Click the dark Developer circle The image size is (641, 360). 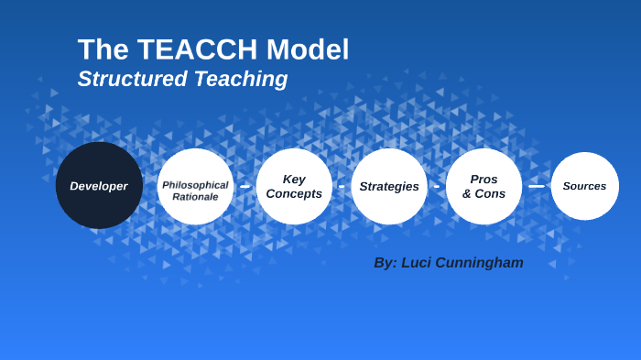pyautogui.click(x=99, y=185)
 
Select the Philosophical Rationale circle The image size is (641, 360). pyautogui.click(x=195, y=186)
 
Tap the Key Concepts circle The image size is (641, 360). pyautogui.click(x=294, y=186)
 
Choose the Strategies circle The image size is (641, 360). pyautogui.click(x=389, y=186)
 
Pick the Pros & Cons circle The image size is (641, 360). pyautogui.click(x=483, y=186)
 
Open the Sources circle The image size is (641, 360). pyautogui.click(x=584, y=186)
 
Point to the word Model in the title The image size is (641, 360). pyautogui.click(x=307, y=49)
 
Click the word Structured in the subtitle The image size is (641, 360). pyautogui.click(x=133, y=80)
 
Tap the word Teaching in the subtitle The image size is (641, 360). pyautogui.click(x=241, y=80)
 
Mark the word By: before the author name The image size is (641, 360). pyautogui.click(x=386, y=263)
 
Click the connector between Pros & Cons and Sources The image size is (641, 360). pyautogui.click(x=537, y=186)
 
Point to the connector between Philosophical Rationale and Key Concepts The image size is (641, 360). pyautogui.click(x=244, y=186)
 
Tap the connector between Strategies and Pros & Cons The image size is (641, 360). pyautogui.click(x=437, y=186)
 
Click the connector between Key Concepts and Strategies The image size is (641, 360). pyautogui.click(x=342, y=186)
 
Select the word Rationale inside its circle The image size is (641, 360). pyautogui.click(x=195, y=197)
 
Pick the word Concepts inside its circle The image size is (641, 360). pyautogui.click(x=294, y=194)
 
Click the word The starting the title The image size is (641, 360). pyautogui.click(x=99, y=49)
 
